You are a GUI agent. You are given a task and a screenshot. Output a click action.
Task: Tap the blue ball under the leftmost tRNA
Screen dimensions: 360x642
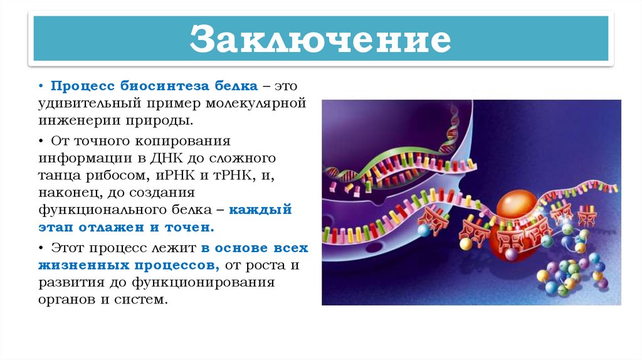(x=424, y=230)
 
